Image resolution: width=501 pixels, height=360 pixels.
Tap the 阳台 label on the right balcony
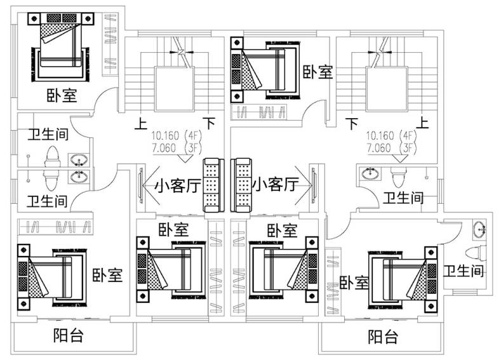[x=384, y=335]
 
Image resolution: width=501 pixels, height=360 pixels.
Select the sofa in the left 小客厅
[x=211, y=185]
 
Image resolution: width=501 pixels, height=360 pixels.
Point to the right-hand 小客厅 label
[x=275, y=185]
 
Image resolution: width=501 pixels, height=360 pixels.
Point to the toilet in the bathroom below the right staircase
[x=399, y=173]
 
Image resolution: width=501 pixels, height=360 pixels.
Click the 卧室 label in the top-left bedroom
[x=62, y=96]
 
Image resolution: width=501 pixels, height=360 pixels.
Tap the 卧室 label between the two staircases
[x=317, y=72]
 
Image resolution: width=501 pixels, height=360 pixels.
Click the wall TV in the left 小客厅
[x=140, y=185]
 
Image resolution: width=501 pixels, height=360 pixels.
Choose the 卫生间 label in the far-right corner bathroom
[x=464, y=272]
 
